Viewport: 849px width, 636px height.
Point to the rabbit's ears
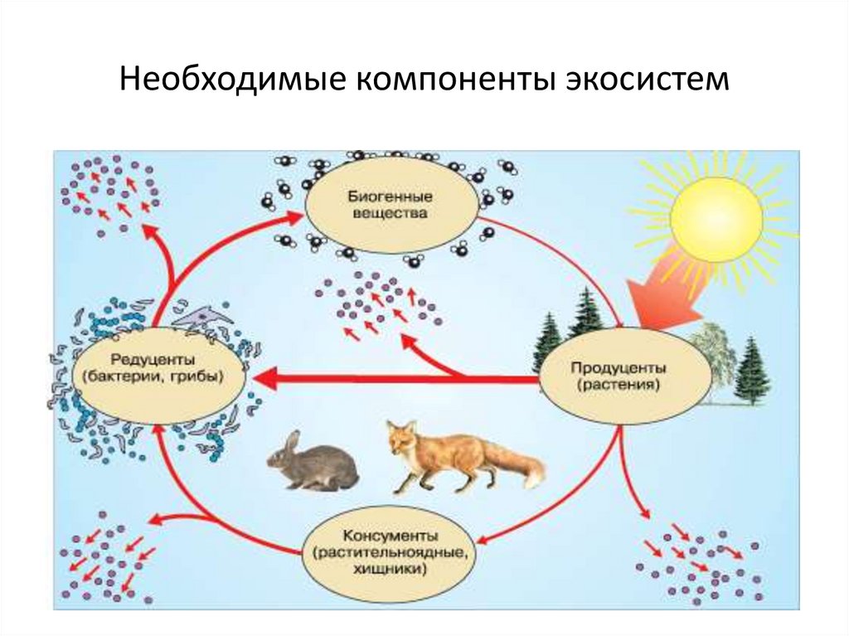pyautogui.click(x=291, y=443)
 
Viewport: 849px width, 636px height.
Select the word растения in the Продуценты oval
pyautogui.click(x=619, y=385)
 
